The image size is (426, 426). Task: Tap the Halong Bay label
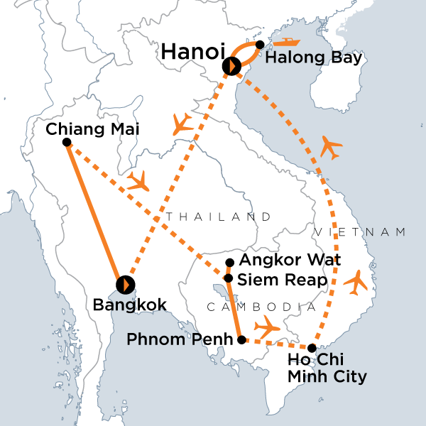point(313,58)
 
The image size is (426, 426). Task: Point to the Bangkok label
point(130,305)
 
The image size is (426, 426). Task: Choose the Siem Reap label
point(281,280)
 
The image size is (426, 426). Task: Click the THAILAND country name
point(219,216)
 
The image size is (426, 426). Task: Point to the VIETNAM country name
point(360,232)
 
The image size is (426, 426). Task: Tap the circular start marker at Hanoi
point(231,67)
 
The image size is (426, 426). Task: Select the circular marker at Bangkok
point(125,284)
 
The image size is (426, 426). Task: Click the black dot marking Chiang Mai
point(67,143)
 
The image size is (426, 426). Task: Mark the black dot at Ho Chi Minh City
point(312,347)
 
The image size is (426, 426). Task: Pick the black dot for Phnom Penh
point(241,340)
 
